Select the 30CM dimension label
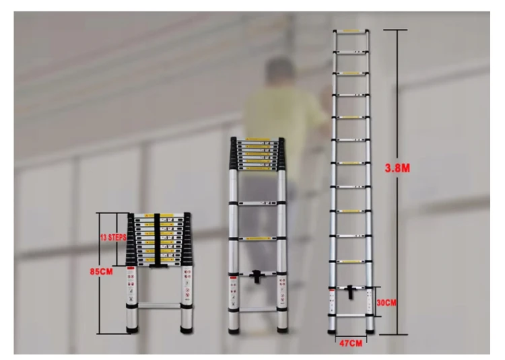click(386, 302)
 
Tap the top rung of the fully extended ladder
click(351, 31)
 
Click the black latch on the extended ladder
click(351, 293)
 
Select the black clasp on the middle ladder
click(257, 276)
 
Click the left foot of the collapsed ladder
click(133, 330)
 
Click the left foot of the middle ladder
click(233, 329)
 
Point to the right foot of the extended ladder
click(370, 330)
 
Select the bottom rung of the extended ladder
click(351, 314)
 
